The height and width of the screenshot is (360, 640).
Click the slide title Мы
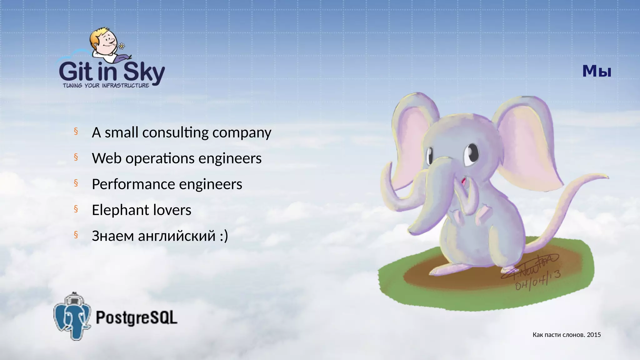point(597,72)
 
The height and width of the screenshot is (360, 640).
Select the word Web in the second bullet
point(106,158)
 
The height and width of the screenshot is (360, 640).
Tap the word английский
point(177,236)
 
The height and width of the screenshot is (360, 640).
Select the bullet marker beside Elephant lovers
point(76,209)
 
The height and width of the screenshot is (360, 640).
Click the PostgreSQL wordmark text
point(136,317)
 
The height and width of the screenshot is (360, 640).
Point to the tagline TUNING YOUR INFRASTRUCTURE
point(106,86)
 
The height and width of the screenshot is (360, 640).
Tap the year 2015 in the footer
point(594,335)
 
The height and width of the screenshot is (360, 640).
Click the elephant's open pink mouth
point(464,181)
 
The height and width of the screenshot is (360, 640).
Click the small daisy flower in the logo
point(122,46)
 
